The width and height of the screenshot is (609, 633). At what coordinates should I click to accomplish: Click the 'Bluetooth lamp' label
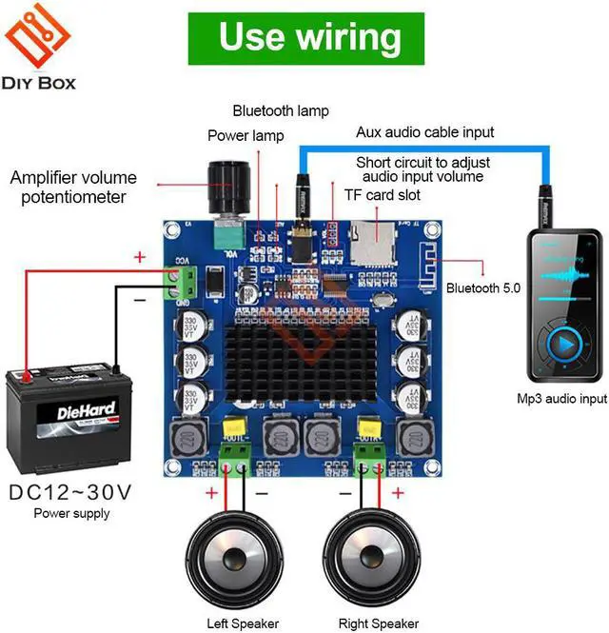pyautogui.click(x=281, y=110)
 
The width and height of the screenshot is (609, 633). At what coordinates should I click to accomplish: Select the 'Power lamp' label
pyautogui.click(x=246, y=135)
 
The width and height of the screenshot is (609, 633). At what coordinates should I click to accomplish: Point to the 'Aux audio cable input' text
pyautogui.click(x=425, y=132)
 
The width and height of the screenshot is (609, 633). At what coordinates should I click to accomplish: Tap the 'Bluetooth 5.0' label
pyautogui.click(x=483, y=287)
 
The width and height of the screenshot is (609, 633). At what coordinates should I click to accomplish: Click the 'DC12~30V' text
pyautogui.click(x=70, y=492)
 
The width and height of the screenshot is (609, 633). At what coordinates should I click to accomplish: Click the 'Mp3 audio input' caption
pyautogui.click(x=561, y=399)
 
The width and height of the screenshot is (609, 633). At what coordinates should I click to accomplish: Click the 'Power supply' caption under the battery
pyautogui.click(x=71, y=513)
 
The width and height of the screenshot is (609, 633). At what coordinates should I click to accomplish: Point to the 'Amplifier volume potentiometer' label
pyautogui.click(x=73, y=188)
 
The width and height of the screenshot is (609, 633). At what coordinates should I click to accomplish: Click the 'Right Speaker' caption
pyautogui.click(x=378, y=623)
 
